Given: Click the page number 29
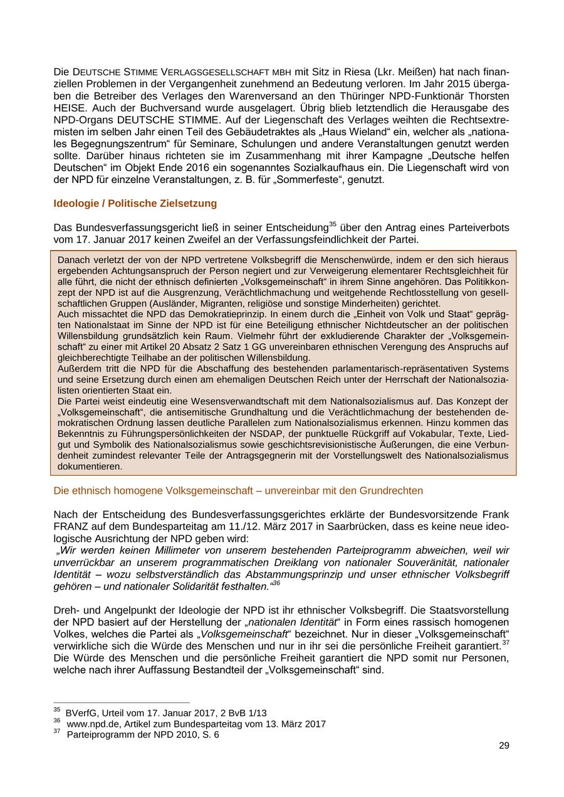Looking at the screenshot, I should [x=504, y=745].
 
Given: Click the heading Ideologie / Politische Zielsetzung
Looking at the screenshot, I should [x=135, y=203].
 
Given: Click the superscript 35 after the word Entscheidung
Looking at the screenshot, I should [x=333, y=224].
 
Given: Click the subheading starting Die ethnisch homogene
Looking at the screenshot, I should [x=238, y=490].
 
